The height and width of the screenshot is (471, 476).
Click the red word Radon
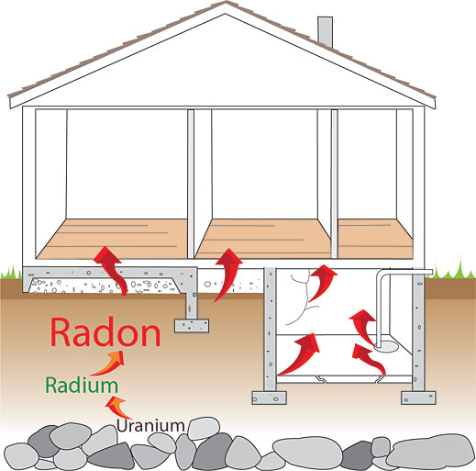point(105,332)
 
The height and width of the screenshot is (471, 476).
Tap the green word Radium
point(82,386)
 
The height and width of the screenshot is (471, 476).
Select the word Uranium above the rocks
point(150,426)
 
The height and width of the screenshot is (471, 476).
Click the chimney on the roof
point(325,31)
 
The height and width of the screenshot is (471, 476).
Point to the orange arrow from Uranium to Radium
point(116,407)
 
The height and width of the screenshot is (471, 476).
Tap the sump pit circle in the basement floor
point(386,347)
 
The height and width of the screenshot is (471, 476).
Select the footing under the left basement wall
point(269,398)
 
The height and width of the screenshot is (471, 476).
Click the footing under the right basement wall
point(418,398)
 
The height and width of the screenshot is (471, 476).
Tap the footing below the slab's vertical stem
point(192,326)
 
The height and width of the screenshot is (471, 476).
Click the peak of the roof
point(226,2)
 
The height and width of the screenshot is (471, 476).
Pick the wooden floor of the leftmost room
point(113,239)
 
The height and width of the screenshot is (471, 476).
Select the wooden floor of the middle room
point(263,239)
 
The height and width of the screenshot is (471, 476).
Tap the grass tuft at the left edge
point(11,273)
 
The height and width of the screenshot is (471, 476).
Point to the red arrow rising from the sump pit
point(363,327)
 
